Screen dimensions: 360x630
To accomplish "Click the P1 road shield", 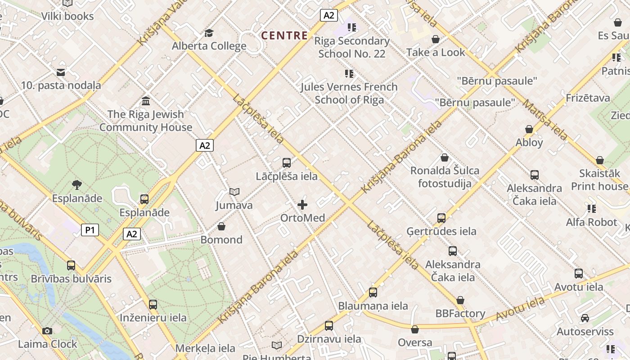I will tap(90, 230).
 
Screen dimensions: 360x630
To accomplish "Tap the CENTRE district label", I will tap(284, 36).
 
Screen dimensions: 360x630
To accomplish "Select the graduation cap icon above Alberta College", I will tap(209, 33).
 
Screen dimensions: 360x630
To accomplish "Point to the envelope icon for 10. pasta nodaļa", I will tap(61, 72).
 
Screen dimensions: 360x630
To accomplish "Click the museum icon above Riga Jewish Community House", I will tap(146, 101).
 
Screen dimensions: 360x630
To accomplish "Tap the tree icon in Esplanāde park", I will tap(76, 184).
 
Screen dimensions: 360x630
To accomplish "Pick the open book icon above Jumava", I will tap(234, 192).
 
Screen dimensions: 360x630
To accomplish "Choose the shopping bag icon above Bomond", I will tap(221, 226).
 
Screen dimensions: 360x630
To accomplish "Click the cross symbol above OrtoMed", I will tap(302, 205).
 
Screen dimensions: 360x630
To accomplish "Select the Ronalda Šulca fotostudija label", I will tap(445, 177).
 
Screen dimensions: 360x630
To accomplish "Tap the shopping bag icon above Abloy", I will tap(529, 129).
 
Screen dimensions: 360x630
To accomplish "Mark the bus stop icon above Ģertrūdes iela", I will tap(441, 218).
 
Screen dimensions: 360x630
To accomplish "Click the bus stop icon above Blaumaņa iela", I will tap(373, 292).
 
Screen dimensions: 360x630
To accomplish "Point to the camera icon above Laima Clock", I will tap(47, 331).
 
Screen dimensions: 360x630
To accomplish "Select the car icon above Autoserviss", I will tap(585, 318).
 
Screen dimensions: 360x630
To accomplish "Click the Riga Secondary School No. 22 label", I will tap(352, 47).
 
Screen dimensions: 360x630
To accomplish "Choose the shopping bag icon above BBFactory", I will tap(460, 300).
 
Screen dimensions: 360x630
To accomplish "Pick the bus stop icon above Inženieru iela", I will tap(153, 305).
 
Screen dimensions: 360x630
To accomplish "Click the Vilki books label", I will tap(67, 16).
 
